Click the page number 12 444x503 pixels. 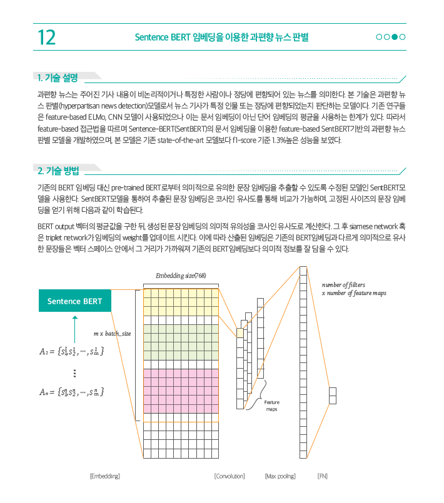(x=46, y=37)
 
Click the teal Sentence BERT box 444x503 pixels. (x=74, y=301)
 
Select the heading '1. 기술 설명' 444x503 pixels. (x=58, y=77)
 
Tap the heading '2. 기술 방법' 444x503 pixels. (x=58, y=170)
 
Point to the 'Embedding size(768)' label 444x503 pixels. (x=181, y=276)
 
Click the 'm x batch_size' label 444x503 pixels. (x=112, y=334)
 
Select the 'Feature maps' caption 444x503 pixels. (x=272, y=406)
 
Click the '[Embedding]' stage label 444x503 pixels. (x=104, y=476)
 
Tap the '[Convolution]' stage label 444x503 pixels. (x=230, y=476)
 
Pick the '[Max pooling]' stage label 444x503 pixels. (x=280, y=476)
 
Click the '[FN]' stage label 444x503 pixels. (x=323, y=476)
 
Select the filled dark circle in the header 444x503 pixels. (x=395, y=37)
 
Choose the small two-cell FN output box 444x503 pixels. (x=333, y=396)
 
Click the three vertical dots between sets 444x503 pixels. (x=74, y=373)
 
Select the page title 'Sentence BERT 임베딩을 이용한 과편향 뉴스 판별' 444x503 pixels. (x=221, y=37)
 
